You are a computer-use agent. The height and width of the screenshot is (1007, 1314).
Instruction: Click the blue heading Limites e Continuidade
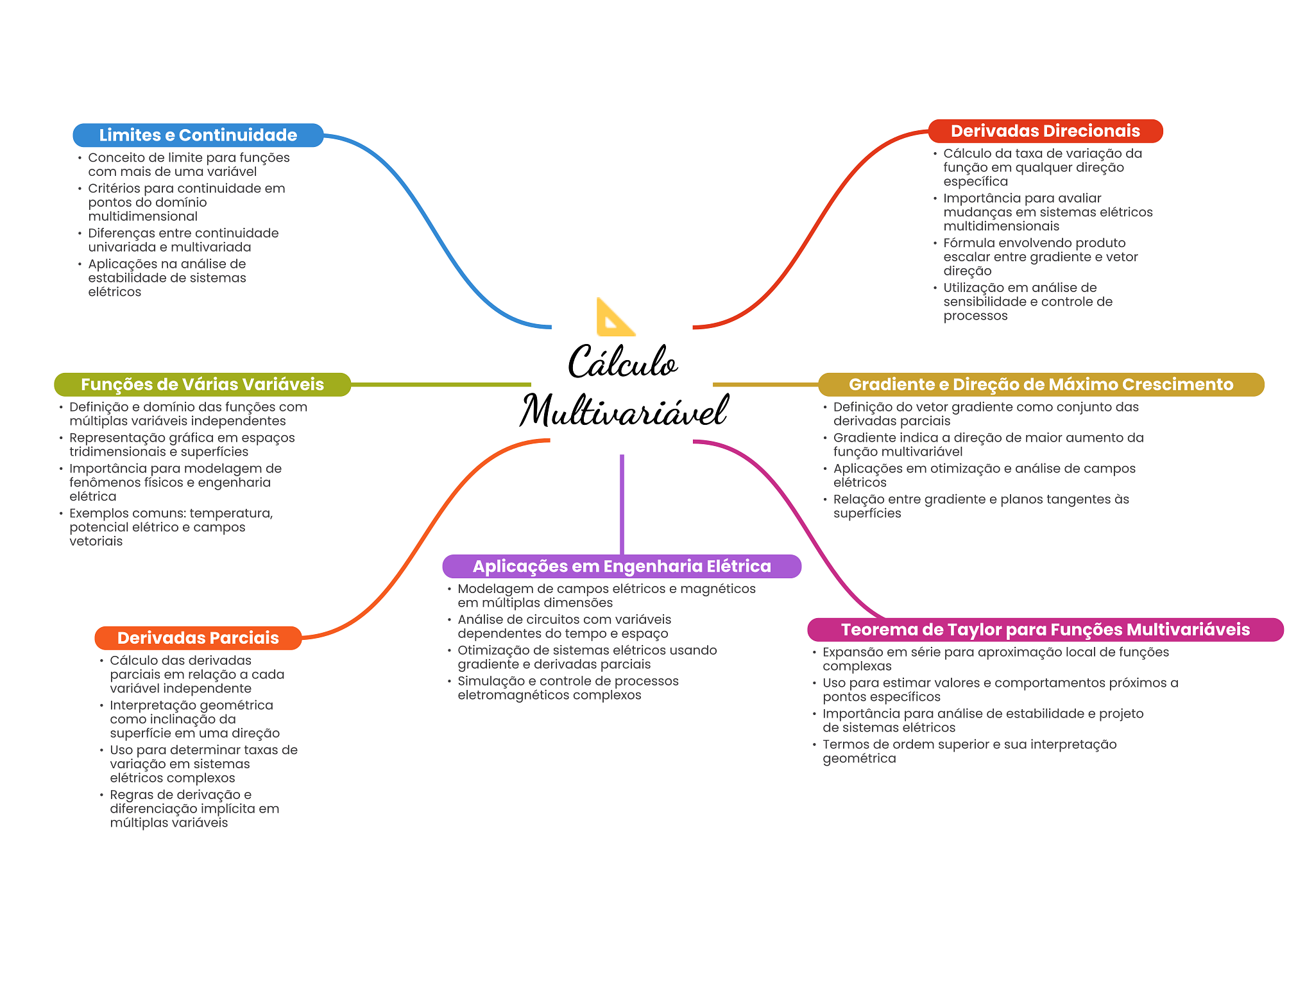198,135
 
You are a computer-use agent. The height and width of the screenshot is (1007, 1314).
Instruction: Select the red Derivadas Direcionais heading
1045,132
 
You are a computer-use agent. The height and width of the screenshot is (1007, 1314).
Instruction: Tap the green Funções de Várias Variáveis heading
202,384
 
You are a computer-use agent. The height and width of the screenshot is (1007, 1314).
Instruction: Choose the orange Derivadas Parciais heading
198,638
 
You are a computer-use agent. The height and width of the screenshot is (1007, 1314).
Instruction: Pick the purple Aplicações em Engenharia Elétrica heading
621,566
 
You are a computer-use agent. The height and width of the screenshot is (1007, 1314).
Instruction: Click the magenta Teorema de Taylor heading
1045,630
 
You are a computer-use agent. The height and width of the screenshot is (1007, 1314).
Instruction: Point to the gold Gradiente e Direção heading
1040,384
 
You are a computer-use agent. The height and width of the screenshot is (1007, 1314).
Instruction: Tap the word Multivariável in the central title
623,411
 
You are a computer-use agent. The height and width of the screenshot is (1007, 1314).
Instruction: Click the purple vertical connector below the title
622,504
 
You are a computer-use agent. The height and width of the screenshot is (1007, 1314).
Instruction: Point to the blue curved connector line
436,231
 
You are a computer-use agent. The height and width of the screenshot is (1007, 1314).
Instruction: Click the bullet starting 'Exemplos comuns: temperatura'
170,527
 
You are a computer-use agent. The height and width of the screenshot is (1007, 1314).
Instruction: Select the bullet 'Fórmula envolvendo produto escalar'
1039,257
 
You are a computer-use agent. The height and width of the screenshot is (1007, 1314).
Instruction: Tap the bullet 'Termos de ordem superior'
969,751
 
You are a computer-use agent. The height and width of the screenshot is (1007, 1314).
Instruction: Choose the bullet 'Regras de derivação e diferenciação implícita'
194,809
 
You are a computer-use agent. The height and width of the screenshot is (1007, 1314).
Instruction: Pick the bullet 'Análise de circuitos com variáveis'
563,626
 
